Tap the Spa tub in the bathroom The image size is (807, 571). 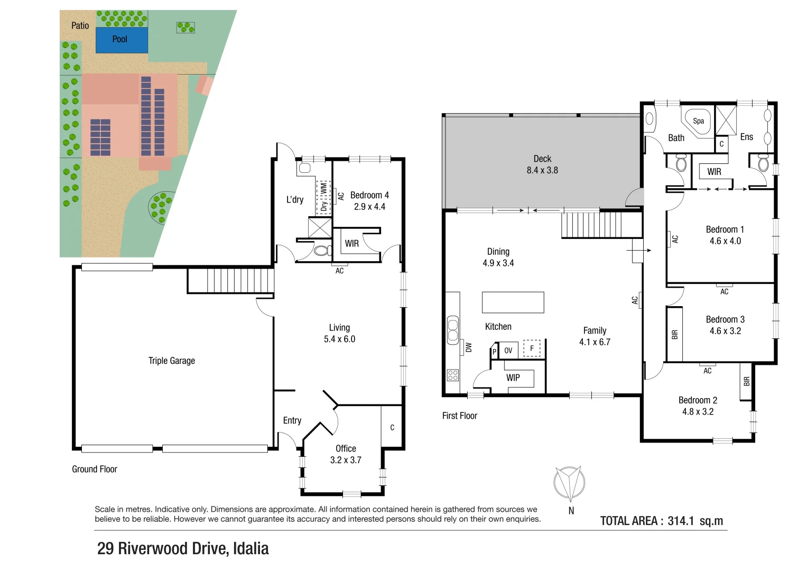(698, 122)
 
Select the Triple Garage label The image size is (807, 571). (171, 361)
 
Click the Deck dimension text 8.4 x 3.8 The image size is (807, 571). (542, 170)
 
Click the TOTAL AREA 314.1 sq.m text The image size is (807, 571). (661, 521)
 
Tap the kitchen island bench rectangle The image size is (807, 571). (513, 302)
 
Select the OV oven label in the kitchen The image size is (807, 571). (508, 351)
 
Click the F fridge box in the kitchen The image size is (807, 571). (532, 348)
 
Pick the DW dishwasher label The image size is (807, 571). (468, 347)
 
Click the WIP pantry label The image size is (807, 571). (513, 377)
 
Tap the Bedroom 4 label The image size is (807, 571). (369, 195)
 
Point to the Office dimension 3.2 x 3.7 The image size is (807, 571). (346, 460)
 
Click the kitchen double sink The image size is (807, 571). (452, 329)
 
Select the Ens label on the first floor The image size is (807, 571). (746, 137)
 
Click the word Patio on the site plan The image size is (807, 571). (80, 25)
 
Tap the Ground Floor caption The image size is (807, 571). (95, 469)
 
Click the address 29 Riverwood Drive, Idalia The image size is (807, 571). (183, 548)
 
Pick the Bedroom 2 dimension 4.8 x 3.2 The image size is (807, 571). (698, 411)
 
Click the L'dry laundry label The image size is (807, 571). (295, 199)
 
